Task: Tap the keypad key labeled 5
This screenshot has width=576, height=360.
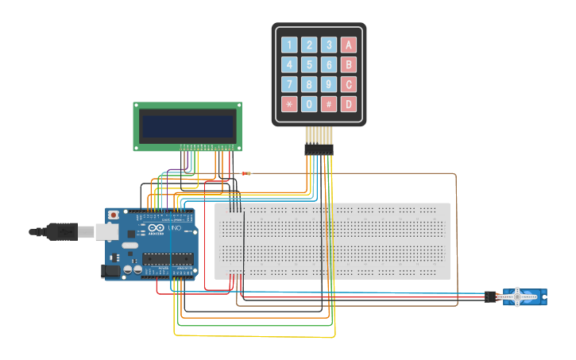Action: coord(309,64)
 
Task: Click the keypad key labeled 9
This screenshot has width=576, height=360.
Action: coord(329,84)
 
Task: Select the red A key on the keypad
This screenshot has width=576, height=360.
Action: coord(348,45)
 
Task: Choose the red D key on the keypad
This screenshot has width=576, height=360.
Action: coord(348,104)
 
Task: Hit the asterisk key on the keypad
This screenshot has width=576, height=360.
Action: coord(289,104)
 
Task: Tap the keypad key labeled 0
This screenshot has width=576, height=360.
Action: coord(309,104)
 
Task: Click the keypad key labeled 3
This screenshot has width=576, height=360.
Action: coord(329,45)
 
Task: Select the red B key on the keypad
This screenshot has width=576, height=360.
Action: coord(348,64)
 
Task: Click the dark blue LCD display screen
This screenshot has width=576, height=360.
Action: coord(187,125)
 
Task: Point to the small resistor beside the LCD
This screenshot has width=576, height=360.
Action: coord(245,173)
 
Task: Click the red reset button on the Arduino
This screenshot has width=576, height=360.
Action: coord(114,215)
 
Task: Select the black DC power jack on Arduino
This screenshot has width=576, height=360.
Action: coord(110,271)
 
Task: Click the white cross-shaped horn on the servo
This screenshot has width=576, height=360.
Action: coord(518,297)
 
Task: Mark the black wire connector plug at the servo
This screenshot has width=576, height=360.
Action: coord(489,297)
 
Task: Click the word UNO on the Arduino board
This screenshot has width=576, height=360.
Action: coord(174,229)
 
